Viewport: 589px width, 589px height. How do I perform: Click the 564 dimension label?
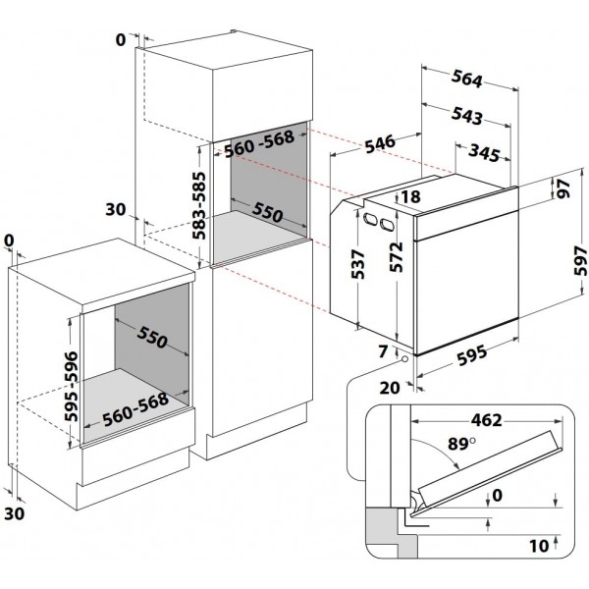pyautogui.click(x=467, y=79)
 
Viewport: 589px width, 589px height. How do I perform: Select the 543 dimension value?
pyautogui.click(x=467, y=115)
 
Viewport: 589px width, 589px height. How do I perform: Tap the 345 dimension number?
pyautogui.click(x=485, y=152)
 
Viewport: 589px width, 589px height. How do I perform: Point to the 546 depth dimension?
pyautogui.click(x=381, y=143)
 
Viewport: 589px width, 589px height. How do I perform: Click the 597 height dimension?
pyautogui.click(x=580, y=261)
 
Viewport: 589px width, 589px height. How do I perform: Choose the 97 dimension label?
pyautogui.click(x=563, y=188)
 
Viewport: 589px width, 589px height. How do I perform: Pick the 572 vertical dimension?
pyautogui.click(x=396, y=257)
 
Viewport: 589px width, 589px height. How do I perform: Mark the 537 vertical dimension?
pyautogui.click(x=357, y=264)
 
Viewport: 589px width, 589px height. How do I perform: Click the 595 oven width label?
pyautogui.click(x=472, y=355)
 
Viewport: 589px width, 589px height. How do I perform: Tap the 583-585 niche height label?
pyautogui.click(x=198, y=205)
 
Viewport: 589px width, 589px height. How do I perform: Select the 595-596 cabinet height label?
pyautogui.click(x=71, y=386)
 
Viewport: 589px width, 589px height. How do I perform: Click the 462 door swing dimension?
pyautogui.click(x=486, y=420)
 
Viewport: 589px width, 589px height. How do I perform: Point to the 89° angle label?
pyautogui.click(x=461, y=444)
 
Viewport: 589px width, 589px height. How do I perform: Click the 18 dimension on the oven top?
pyautogui.click(x=411, y=196)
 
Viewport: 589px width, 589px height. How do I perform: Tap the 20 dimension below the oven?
pyautogui.click(x=390, y=388)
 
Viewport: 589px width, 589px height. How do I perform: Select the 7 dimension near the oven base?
pyautogui.click(x=383, y=351)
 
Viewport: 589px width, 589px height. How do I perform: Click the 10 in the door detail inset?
pyautogui.click(x=539, y=546)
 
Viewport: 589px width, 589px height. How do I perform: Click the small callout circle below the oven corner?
pyautogui.click(x=404, y=359)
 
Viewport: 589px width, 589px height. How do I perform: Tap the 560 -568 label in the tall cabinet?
pyautogui.click(x=259, y=143)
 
